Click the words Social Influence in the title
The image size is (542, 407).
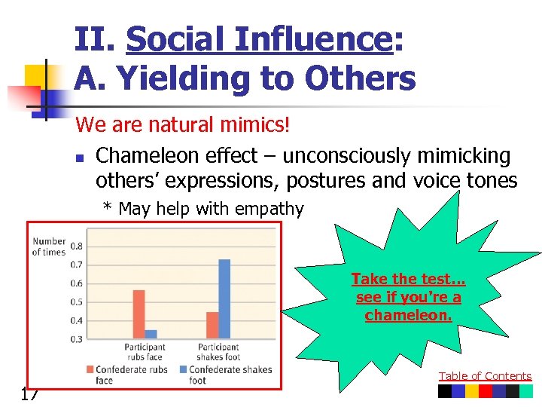[259, 39]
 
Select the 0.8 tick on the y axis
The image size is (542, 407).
[76, 246]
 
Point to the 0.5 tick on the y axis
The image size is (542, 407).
[76, 302]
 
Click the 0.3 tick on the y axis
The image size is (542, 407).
[76, 340]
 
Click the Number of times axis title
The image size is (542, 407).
[48, 246]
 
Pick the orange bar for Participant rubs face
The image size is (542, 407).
[139, 314]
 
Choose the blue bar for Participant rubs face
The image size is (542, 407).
[151, 335]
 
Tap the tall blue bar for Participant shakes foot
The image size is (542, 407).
[224, 298]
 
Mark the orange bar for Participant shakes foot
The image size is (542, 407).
[212, 326]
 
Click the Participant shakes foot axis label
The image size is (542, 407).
[218, 352]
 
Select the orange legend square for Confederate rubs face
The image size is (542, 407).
[90, 369]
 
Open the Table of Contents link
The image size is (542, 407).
[485, 376]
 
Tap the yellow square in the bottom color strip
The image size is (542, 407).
[471, 391]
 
